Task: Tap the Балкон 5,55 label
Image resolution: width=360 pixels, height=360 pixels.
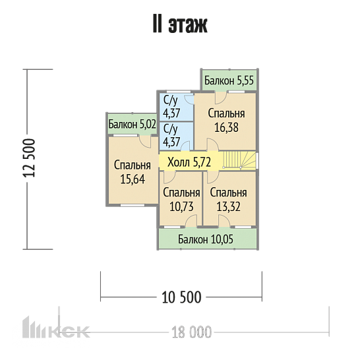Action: tap(229, 80)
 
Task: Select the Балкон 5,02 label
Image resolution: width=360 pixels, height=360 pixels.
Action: tap(133, 124)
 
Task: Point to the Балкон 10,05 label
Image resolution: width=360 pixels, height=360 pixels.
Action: tap(206, 239)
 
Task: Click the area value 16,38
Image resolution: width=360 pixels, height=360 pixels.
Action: tap(226, 127)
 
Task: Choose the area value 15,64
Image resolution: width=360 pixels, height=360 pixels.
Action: tap(133, 179)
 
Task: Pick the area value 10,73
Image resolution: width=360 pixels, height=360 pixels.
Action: tap(181, 206)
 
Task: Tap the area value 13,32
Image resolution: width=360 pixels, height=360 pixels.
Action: tap(228, 206)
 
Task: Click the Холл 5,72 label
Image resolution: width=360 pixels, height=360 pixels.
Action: tap(189, 162)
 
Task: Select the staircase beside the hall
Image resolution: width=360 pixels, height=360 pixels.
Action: tap(239, 160)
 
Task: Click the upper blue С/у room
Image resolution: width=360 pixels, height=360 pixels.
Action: tap(176, 107)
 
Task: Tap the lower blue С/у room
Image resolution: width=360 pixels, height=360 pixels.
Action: tap(176, 136)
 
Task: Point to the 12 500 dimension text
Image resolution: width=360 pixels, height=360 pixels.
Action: tap(29, 158)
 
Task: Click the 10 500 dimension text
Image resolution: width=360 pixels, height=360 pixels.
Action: tap(181, 297)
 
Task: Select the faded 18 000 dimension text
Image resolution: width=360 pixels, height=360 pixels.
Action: tap(191, 332)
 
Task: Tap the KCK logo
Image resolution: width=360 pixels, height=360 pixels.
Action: tap(56, 328)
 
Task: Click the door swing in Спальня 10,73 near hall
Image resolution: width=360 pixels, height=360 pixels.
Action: tap(169, 177)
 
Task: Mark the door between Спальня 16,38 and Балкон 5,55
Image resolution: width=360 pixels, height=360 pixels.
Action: tap(221, 98)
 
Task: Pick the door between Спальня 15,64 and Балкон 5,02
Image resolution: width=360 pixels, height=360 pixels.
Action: tap(145, 141)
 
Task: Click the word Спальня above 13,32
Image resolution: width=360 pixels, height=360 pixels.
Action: tap(228, 193)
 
